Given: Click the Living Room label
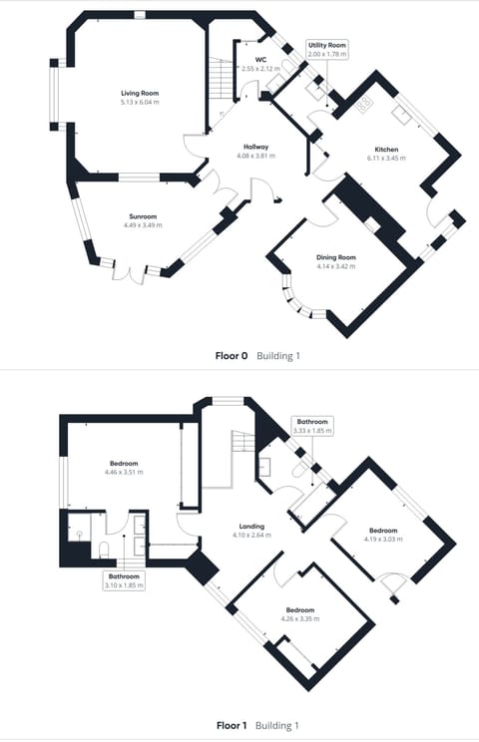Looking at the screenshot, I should (x=140, y=92).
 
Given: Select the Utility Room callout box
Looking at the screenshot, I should (x=326, y=50).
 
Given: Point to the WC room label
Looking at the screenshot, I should (x=260, y=60).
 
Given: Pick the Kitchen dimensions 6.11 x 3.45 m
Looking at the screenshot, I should (x=384, y=158).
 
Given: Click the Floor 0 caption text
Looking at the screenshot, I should (x=232, y=355).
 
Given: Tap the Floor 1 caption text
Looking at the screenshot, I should (x=232, y=725).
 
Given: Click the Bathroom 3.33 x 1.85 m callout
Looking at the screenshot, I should (x=313, y=426).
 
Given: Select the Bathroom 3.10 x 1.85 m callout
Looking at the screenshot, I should (x=125, y=580).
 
